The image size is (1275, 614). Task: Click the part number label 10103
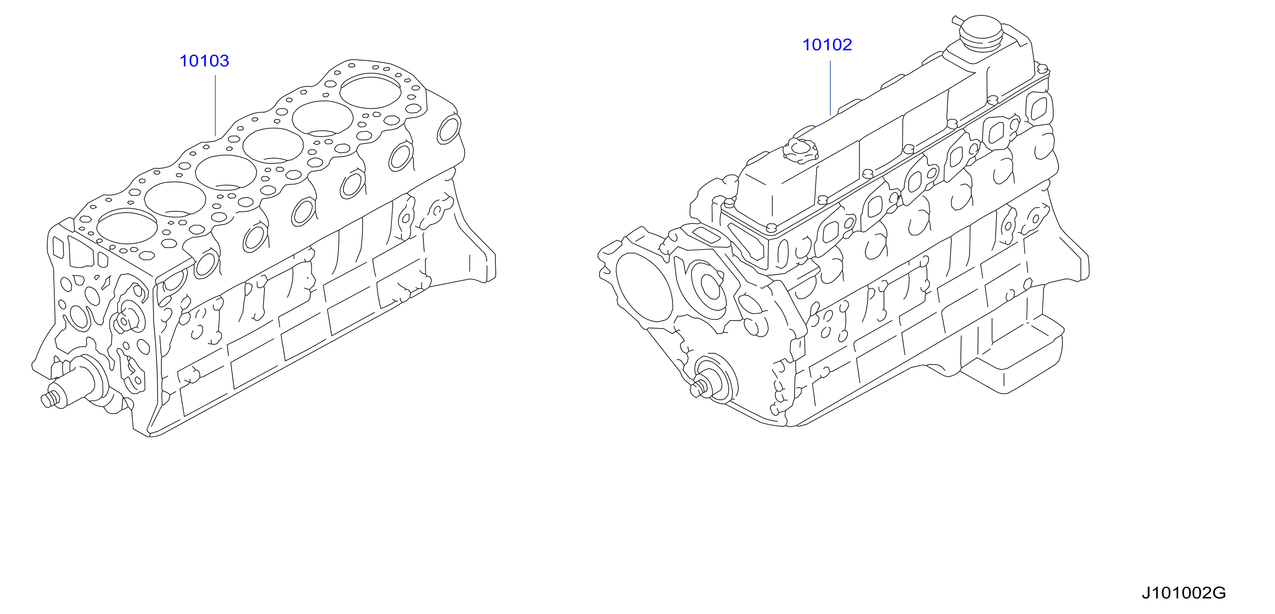[x=204, y=61]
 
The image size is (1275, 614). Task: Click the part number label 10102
[x=827, y=45]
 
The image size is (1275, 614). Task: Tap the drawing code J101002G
[x=1184, y=593]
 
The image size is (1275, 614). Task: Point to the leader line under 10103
[x=216, y=106]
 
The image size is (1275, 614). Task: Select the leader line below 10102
[x=830, y=88]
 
